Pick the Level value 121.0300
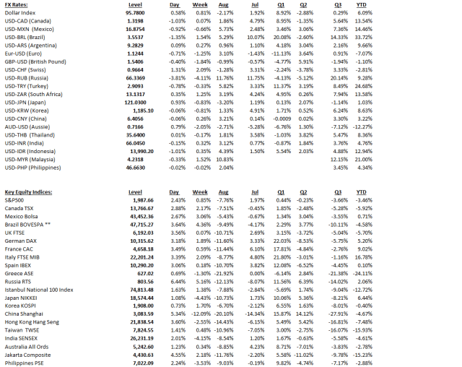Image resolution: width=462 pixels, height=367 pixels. [139, 103]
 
